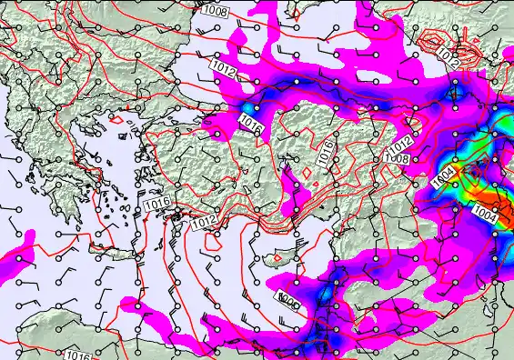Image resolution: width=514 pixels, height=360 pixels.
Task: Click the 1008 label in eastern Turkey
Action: pos(395,159)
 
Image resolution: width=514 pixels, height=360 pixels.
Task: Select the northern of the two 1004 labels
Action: pos(447,173)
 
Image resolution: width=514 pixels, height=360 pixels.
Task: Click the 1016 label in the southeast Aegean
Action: pos(156,204)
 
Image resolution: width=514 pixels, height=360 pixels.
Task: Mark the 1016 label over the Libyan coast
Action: pos(79,355)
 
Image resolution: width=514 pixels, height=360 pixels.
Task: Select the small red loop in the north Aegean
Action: pos(116,118)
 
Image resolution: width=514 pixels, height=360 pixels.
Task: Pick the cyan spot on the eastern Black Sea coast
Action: pos(456,90)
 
